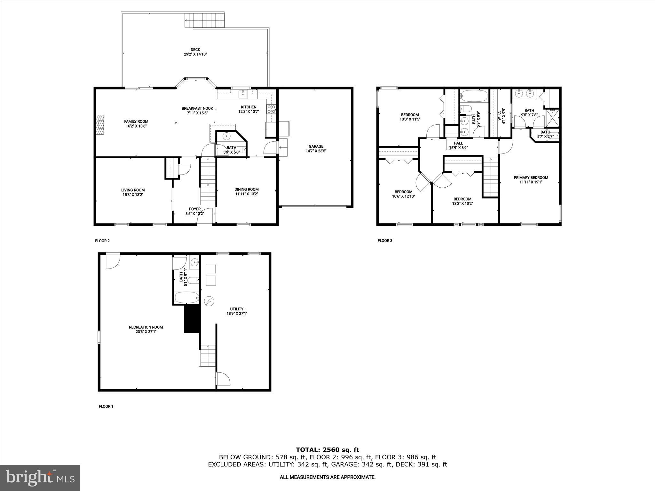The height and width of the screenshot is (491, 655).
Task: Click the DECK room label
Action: pos(195,50)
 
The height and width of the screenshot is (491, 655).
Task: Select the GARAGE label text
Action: pos(316,146)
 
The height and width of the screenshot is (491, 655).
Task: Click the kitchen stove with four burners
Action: pos(271,109)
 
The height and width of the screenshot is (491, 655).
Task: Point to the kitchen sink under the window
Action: pos(243,93)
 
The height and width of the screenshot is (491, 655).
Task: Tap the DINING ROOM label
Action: pos(247,189)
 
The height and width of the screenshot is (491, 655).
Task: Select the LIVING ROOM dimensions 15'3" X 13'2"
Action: pos(133,194)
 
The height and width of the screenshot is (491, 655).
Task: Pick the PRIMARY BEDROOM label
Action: pos(531,178)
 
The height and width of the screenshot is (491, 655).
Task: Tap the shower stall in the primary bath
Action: pos(553,118)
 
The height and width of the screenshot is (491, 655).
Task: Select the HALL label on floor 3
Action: pos(458,143)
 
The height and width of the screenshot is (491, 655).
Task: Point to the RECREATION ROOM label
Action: pos(146,327)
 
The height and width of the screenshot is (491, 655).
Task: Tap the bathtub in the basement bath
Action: pos(187,297)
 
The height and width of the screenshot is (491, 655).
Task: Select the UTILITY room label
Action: pos(237,309)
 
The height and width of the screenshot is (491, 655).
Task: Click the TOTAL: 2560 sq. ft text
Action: pos(327,450)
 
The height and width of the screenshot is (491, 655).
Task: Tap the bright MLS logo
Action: pos(40,478)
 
